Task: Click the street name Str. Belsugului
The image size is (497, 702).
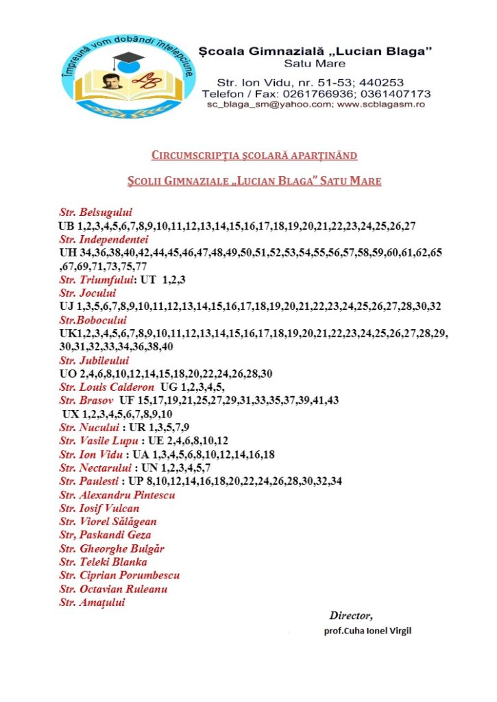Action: (95, 212)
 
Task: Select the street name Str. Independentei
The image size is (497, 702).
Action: (104, 239)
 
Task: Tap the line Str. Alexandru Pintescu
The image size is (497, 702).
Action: (117, 494)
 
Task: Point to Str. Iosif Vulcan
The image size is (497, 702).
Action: (99, 508)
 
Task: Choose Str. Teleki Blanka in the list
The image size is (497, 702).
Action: (103, 562)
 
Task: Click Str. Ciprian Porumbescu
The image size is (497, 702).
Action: (119, 576)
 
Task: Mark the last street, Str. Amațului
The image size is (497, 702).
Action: (93, 603)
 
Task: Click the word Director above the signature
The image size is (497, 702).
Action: (351, 616)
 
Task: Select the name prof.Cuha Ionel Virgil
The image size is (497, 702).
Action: (367, 631)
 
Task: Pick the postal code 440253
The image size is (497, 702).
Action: (383, 80)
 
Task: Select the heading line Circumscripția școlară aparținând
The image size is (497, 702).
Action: (254, 155)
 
